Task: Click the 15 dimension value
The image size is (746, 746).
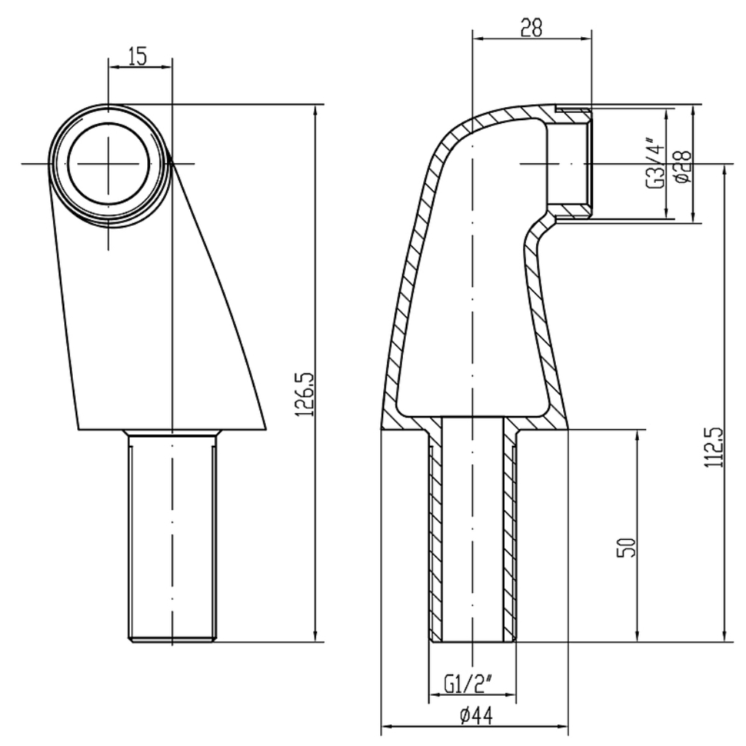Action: point(137,55)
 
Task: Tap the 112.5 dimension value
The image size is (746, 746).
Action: point(713,447)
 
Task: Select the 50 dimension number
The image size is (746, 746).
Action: point(626,547)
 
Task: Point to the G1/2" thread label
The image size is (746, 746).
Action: point(468,684)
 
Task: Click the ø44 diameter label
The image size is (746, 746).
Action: point(476,715)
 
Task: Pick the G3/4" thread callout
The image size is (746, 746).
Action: point(655,162)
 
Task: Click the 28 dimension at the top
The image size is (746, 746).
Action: point(531,28)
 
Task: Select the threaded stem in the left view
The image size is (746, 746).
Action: point(172,535)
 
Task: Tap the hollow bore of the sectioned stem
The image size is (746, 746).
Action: point(472,529)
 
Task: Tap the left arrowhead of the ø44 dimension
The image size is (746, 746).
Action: point(388,726)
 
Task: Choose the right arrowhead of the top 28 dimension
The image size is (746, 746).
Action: point(586,39)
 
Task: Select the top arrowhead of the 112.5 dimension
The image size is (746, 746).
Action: point(724,170)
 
